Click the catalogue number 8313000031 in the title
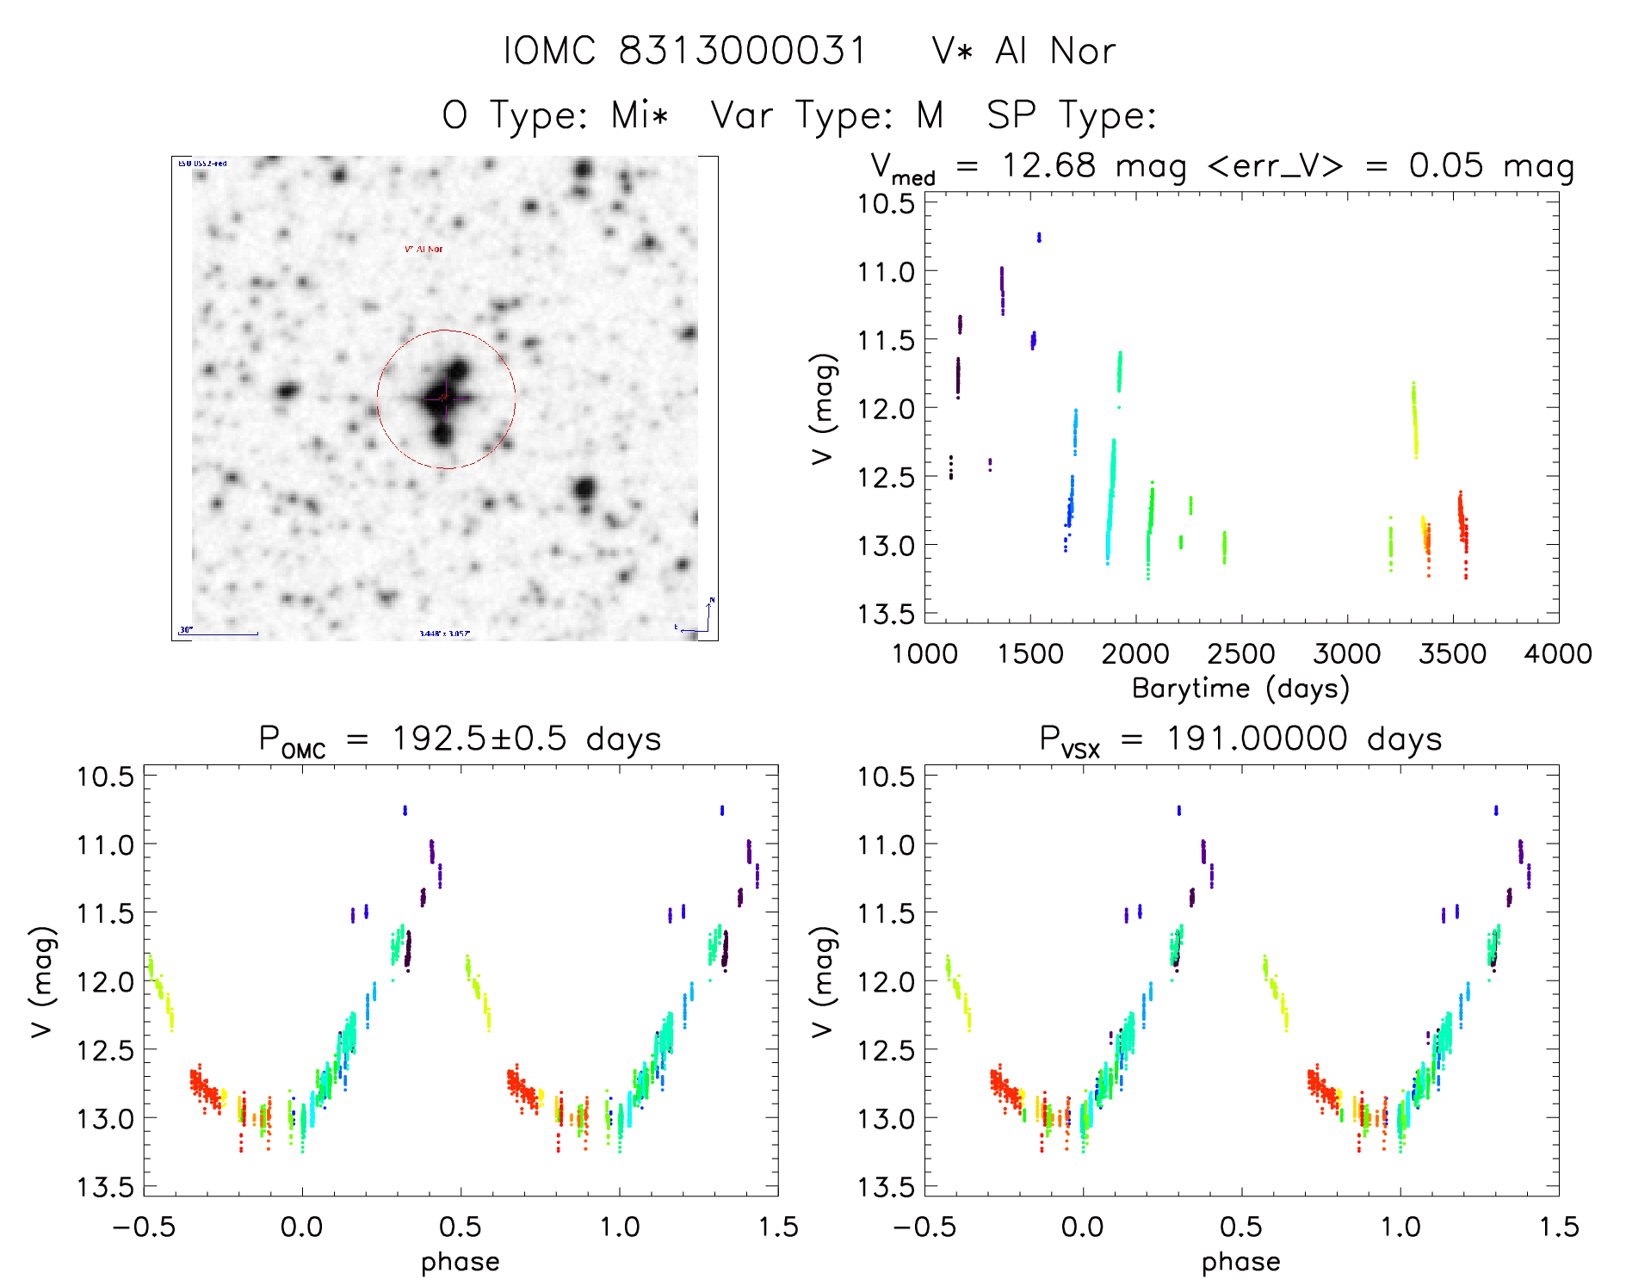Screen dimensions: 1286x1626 click(742, 52)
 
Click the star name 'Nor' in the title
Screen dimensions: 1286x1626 click(1083, 52)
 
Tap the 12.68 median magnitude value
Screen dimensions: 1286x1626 click(1048, 165)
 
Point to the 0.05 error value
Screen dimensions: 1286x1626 click(1446, 165)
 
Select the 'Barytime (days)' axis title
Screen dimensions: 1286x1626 click(1240, 689)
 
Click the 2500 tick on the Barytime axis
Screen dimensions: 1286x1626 click(1241, 654)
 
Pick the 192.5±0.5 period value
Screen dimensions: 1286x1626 click(479, 739)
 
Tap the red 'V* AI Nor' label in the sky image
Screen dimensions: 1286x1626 click(424, 249)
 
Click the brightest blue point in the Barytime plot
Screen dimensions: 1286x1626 click(1039, 237)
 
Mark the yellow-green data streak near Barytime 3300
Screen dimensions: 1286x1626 click(1414, 420)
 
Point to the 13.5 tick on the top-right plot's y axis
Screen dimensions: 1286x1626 click(886, 614)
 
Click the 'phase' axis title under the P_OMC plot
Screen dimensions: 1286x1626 click(461, 1262)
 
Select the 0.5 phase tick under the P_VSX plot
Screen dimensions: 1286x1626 click(1241, 1227)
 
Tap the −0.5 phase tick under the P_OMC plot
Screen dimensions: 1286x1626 click(144, 1227)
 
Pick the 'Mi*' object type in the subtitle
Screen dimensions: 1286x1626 click(640, 115)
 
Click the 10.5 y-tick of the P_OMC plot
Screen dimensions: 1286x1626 click(105, 776)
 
